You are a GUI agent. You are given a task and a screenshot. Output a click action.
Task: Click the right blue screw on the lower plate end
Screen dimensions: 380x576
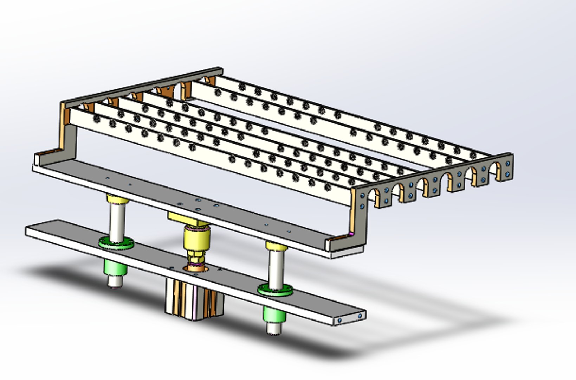point(360,316)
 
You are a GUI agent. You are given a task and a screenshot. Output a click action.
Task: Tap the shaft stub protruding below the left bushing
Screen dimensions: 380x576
point(115,281)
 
